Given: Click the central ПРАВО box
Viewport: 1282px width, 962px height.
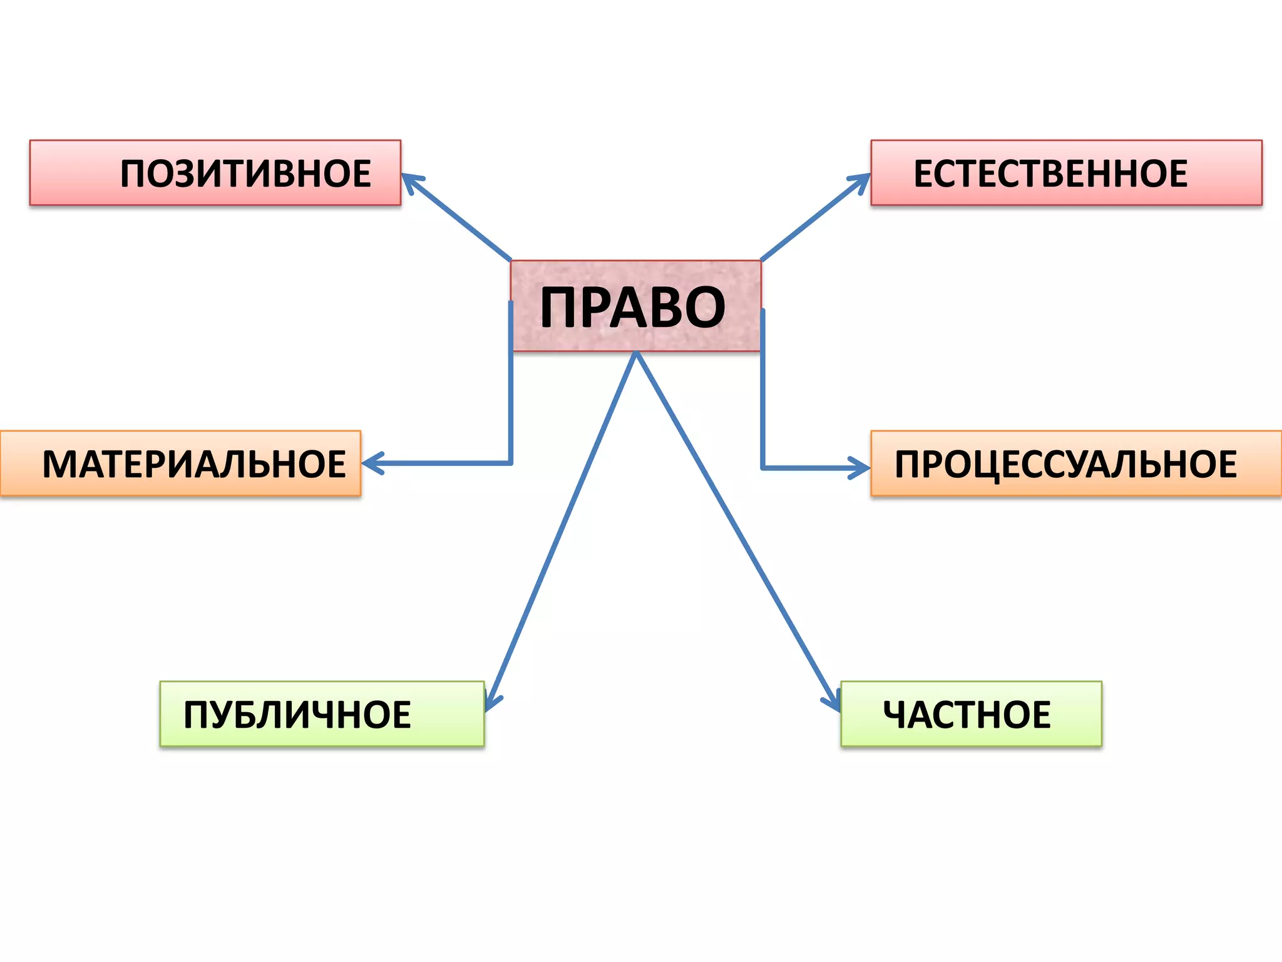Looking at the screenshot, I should [x=635, y=306].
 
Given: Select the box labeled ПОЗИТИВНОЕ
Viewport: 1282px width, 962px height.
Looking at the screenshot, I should [x=215, y=173].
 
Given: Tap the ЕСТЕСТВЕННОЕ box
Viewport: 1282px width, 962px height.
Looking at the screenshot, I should [x=1066, y=173].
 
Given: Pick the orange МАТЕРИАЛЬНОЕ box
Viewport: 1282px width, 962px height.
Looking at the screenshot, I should [x=180, y=463].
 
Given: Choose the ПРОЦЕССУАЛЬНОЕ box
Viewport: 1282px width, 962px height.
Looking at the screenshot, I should [x=1075, y=464].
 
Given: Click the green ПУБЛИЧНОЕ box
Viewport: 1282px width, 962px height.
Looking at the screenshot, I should [x=322, y=714].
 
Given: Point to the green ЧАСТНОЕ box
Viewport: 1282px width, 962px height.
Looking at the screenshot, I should [x=971, y=714].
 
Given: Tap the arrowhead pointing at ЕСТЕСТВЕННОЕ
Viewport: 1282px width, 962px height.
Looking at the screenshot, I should [x=864, y=179].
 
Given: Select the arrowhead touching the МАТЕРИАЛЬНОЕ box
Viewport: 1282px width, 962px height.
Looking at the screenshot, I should [x=369, y=463].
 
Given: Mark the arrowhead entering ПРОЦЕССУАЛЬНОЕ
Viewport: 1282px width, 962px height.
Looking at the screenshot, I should [x=863, y=468].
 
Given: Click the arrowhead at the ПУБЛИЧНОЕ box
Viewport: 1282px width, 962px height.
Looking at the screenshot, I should [x=490, y=705].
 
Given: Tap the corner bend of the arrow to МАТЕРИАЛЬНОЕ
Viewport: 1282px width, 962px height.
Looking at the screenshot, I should [x=511, y=463].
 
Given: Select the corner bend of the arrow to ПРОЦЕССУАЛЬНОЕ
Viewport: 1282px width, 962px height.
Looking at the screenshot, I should [x=762, y=468].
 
